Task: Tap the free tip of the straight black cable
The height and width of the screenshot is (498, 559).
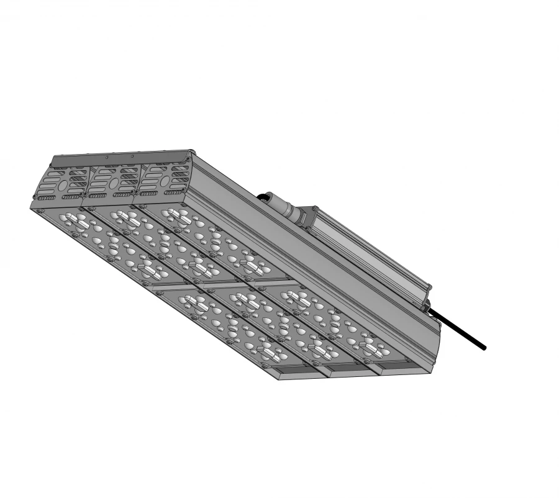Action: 484,348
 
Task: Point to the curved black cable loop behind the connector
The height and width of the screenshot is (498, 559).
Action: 265,197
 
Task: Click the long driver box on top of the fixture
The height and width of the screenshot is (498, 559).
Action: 366,248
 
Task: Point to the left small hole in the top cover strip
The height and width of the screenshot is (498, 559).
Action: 107,158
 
